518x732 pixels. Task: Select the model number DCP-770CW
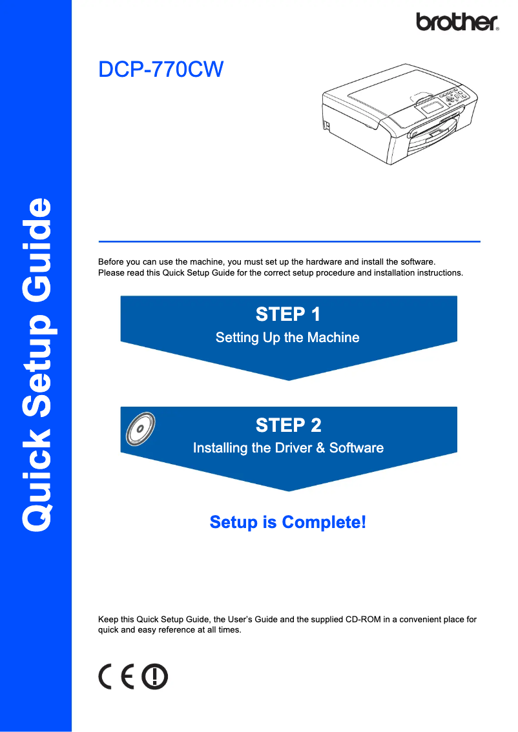[x=160, y=70]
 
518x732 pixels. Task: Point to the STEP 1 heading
[x=288, y=314]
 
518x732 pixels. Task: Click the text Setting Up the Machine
[x=287, y=337]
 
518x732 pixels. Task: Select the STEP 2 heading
[x=288, y=425]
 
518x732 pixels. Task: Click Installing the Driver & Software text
[x=288, y=448]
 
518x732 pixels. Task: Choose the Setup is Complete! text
[x=288, y=522]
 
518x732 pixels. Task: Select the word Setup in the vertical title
[x=36, y=365]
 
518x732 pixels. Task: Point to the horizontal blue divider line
[x=289, y=241]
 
